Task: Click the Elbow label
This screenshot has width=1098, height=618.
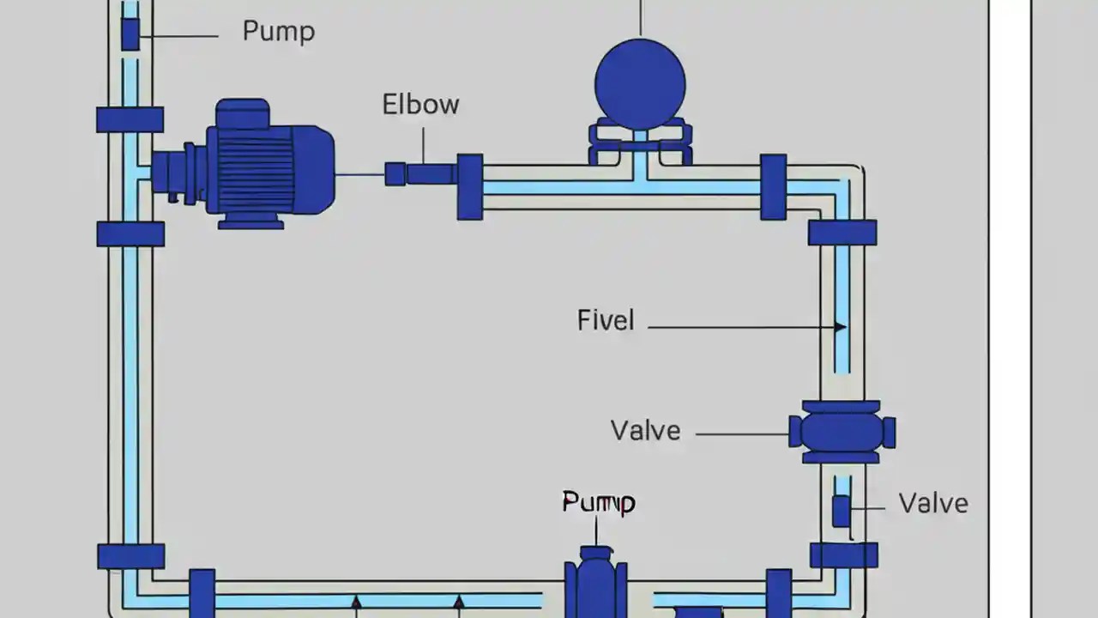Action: [420, 105]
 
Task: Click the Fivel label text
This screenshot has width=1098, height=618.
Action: [606, 321]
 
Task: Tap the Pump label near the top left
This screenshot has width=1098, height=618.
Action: [279, 32]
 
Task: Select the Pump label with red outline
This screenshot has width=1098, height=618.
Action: [598, 502]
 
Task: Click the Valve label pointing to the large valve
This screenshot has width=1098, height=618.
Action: [645, 430]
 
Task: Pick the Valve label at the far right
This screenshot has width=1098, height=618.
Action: [932, 503]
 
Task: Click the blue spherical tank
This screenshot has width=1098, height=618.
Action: [640, 84]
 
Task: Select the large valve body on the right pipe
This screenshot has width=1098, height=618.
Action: [842, 432]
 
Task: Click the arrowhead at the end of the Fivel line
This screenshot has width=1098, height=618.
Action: [841, 326]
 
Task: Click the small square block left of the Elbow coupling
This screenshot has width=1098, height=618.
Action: [395, 174]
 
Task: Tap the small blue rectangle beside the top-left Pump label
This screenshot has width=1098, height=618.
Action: [130, 34]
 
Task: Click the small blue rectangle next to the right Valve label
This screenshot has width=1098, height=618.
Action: [842, 512]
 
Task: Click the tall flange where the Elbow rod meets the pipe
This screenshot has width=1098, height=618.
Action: [469, 186]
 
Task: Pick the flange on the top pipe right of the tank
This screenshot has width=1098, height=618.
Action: [773, 186]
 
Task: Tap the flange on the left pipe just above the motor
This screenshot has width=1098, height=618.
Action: [130, 119]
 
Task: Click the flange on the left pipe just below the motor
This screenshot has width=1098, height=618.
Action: [130, 233]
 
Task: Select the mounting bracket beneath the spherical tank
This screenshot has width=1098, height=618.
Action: [640, 144]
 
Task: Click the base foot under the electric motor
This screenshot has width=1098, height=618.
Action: [250, 222]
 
